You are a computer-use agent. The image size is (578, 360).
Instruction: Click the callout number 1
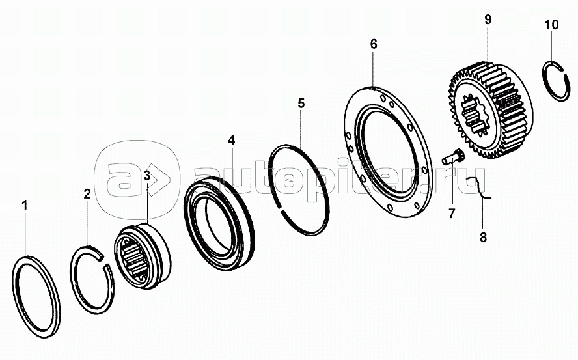[25, 206]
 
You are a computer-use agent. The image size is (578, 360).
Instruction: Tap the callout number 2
[87, 194]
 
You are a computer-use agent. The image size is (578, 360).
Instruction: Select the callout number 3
[147, 176]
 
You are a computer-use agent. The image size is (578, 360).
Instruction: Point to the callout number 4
[231, 140]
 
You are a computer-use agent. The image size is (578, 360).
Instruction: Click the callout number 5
[301, 104]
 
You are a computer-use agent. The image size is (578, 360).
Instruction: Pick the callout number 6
[374, 44]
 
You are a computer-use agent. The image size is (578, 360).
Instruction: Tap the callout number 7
[452, 213]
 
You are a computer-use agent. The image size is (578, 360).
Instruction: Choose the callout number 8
[483, 237]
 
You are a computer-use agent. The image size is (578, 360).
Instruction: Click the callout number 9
[488, 19]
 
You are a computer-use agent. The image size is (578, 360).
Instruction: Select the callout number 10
[552, 25]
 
